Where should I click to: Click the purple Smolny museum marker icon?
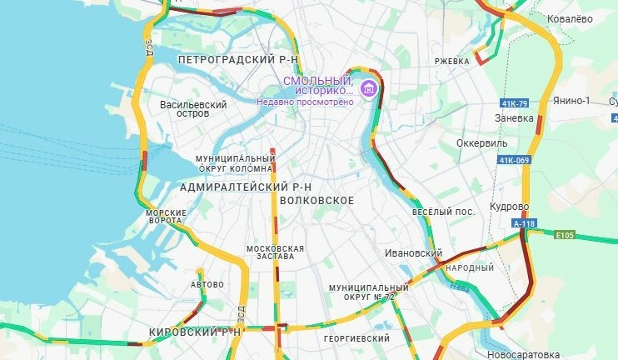(368, 87)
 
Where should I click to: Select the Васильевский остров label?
(193, 110)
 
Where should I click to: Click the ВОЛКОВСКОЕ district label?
(317, 201)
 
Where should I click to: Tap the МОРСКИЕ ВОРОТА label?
(167, 217)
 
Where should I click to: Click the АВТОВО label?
(207, 285)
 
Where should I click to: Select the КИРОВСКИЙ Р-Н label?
(193, 332)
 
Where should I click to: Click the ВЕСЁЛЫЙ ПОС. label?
(443, 212)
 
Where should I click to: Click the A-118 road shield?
(524, 223)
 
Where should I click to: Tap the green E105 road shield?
(566, 235)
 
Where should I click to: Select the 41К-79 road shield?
(516, 103)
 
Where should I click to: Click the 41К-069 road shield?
(515, 159)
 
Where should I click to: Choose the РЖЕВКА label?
(451, 61)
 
